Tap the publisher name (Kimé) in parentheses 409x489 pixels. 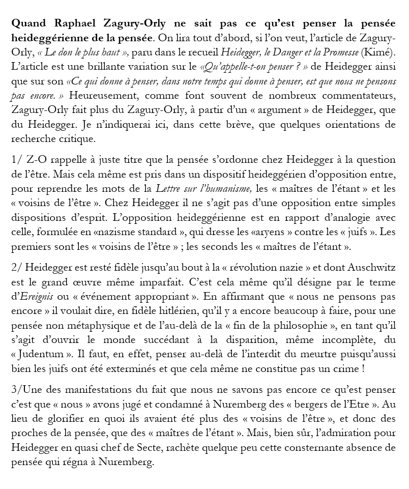point(381,52)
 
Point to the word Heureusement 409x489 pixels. point(95,96)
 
